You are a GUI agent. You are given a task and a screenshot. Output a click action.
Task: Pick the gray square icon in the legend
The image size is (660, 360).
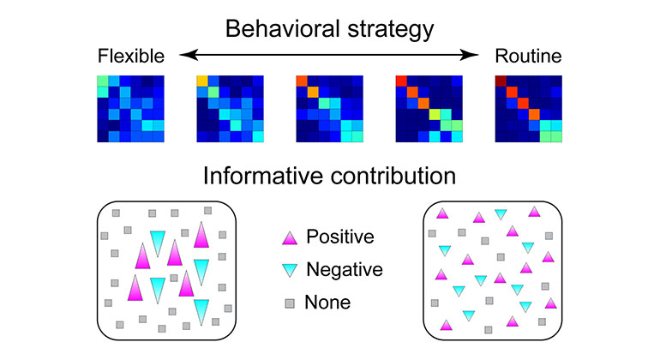(290, 302)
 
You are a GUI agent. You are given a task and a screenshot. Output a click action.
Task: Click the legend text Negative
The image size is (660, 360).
(344, 269)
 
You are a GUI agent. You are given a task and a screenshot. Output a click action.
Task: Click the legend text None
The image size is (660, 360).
(327, 302)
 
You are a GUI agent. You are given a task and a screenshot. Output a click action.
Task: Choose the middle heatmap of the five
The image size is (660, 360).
(329, 108)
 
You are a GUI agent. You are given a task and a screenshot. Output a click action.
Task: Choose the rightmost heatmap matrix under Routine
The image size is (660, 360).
(529, 108)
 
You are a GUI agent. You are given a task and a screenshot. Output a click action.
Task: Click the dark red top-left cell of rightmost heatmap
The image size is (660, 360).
(501, 81)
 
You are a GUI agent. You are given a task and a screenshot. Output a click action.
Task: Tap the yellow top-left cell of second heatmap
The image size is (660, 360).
(201, 81)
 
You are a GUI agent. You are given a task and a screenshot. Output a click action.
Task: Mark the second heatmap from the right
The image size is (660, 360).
(429, 108)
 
